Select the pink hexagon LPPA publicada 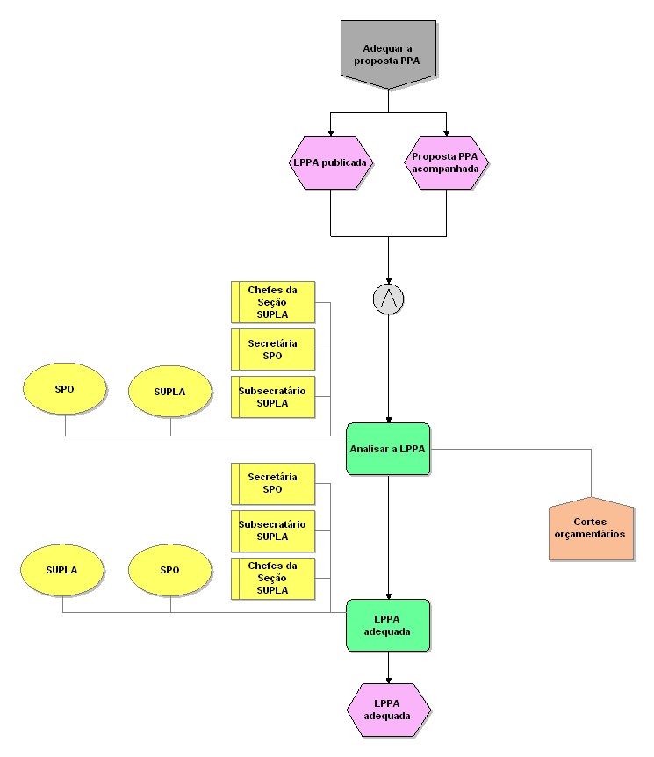click(x=331, y=162)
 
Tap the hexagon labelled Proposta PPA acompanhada click(x=447, y=162)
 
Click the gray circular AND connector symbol click(x=388, y=299)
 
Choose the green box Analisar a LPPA click(x=388, y=449)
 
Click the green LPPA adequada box click(x=388, y=625)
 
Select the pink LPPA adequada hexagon click(x=389, y=710)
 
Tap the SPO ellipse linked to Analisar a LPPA click(x=65, y=389)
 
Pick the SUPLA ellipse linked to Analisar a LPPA click(x=170, y=392)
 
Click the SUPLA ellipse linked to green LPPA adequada click(x=62, y=569)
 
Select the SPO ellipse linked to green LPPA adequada click(x=170, y=569)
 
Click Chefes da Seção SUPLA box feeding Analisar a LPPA click(x=272, y=302)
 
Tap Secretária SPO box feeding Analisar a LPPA click(x=272, y=350)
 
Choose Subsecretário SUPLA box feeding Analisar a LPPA click(x=272, y=397)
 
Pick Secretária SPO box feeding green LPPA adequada click(x=272, y=483)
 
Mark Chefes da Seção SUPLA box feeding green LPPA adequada click(x=272, y=578)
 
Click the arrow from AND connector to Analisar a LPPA click(x=388, y=369)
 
